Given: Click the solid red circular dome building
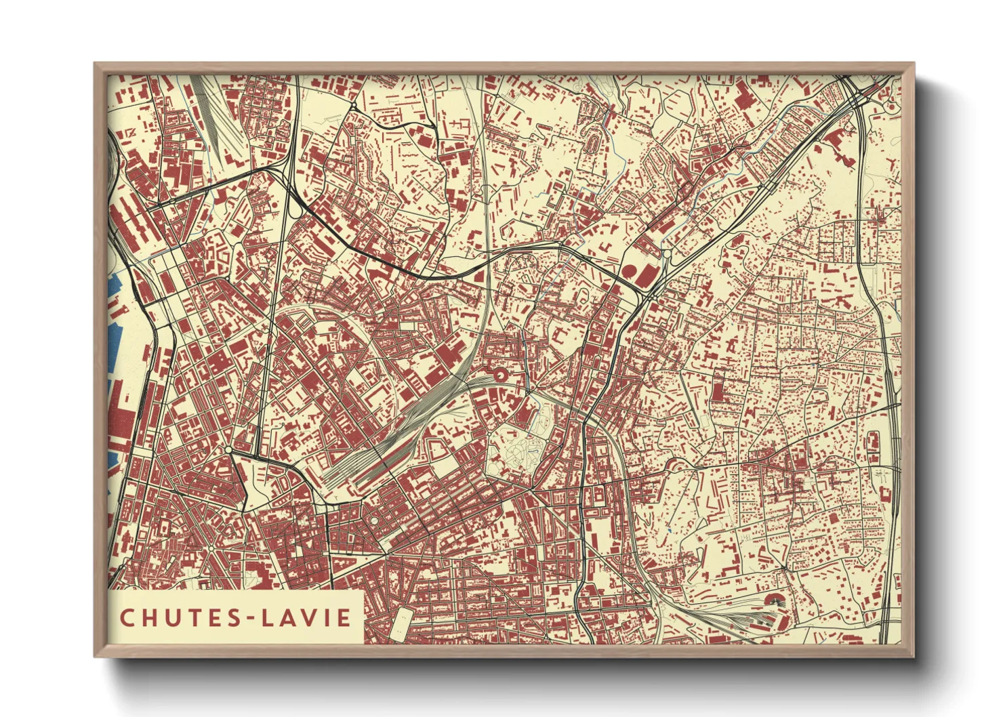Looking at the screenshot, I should coord(630,272).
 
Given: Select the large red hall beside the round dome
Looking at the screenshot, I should coord(647,275).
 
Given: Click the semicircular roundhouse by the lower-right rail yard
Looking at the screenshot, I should coord(772,600).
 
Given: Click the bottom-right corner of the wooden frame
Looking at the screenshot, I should coord(913,657).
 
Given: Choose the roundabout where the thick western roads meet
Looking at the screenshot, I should coord(229,450).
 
